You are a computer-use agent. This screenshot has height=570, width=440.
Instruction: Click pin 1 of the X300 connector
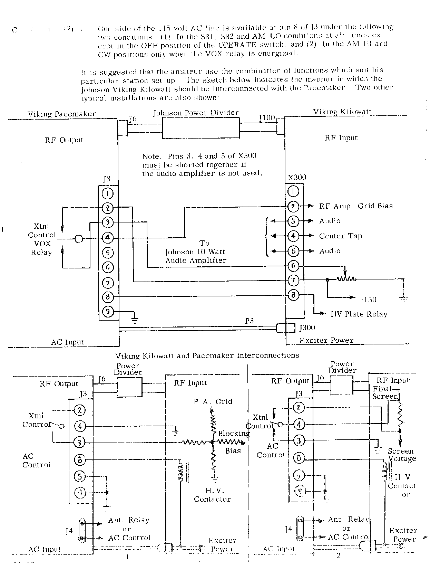pos(293,191)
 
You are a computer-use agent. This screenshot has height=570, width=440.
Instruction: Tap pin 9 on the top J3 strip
pos(108,312)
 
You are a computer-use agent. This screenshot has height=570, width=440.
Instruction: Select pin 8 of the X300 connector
pos(293,295)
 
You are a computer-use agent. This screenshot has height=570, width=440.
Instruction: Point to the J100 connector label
pos(267,118)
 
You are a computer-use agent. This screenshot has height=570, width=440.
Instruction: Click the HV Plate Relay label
pos(359,314)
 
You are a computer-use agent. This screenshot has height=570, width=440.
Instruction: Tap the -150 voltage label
pos(369,300)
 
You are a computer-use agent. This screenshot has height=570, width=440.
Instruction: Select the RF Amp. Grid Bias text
pos(356,206)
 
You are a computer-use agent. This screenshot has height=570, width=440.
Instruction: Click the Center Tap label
pos(340,236)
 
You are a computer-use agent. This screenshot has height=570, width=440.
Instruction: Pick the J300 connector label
pos(307,327)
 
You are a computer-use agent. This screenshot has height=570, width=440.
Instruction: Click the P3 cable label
pos(250,321)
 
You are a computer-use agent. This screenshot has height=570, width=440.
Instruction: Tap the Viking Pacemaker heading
pos(62,114)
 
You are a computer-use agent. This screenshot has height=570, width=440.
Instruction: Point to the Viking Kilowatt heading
pos(342,112)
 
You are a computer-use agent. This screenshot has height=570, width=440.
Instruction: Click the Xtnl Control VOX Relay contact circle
pos(79,238)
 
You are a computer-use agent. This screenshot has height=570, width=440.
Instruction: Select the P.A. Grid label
pos(213,401)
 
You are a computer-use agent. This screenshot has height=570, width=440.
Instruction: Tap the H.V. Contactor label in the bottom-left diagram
pos(212,495)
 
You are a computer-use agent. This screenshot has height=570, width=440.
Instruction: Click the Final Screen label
pos(385,392)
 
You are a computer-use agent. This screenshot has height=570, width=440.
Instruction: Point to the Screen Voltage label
pos(402,455)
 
